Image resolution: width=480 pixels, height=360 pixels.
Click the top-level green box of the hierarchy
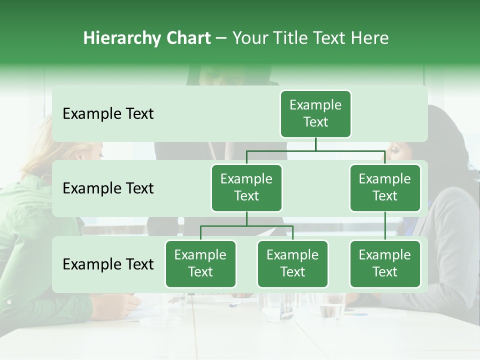(x=315, y=114)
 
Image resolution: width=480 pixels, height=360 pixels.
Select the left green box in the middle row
(x=246, y=188)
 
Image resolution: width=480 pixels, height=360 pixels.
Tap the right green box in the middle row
(x=385, y=188)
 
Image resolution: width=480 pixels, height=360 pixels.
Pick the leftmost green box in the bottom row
(x=200, y=264)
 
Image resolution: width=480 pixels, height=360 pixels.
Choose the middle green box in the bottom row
(x=292, y=264)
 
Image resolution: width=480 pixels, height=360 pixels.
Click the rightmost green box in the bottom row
(x=385, y=264)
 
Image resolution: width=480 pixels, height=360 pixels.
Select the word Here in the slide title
(x=369, y=38)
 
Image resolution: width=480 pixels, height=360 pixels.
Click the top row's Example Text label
(x=108, y=114)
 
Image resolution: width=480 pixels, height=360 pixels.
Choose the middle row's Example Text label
(x=108, y=188)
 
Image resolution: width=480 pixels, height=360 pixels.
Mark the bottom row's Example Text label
(x=108, y=264)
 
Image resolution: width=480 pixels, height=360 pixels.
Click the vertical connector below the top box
(x=315, y=144)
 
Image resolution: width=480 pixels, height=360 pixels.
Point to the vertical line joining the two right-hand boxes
(x=385, y=226)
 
